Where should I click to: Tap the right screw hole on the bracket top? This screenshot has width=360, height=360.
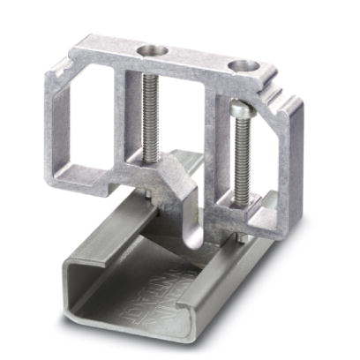click(240, 65)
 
